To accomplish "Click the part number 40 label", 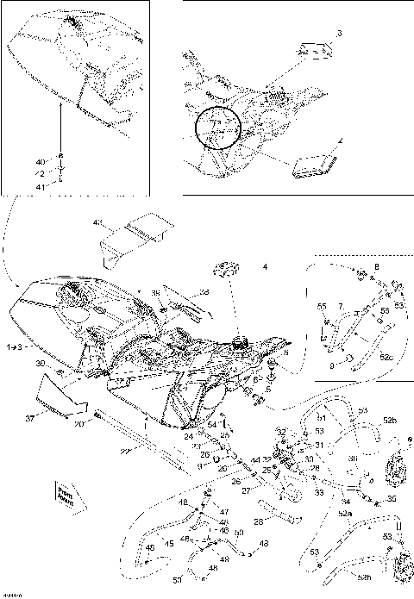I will pyautogui.click(x=38, y=161).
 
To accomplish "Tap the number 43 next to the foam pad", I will pyautogui.click(x=97, y=222).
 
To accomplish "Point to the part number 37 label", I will pyautogui.click(x=30, y=420).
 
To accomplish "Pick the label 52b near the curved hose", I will pyautogui.click(x=390, y=420).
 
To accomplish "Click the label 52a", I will pyautogui.click(x=345, y=513).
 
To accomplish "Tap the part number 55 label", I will pyautogui.click(x=323, y=307).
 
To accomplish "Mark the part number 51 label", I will pyautogui.click(x=321, y=418).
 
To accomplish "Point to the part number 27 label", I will pyautogui.click(x=246, y=490).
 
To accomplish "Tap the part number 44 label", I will pyautogui.click(x=255, y=461).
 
